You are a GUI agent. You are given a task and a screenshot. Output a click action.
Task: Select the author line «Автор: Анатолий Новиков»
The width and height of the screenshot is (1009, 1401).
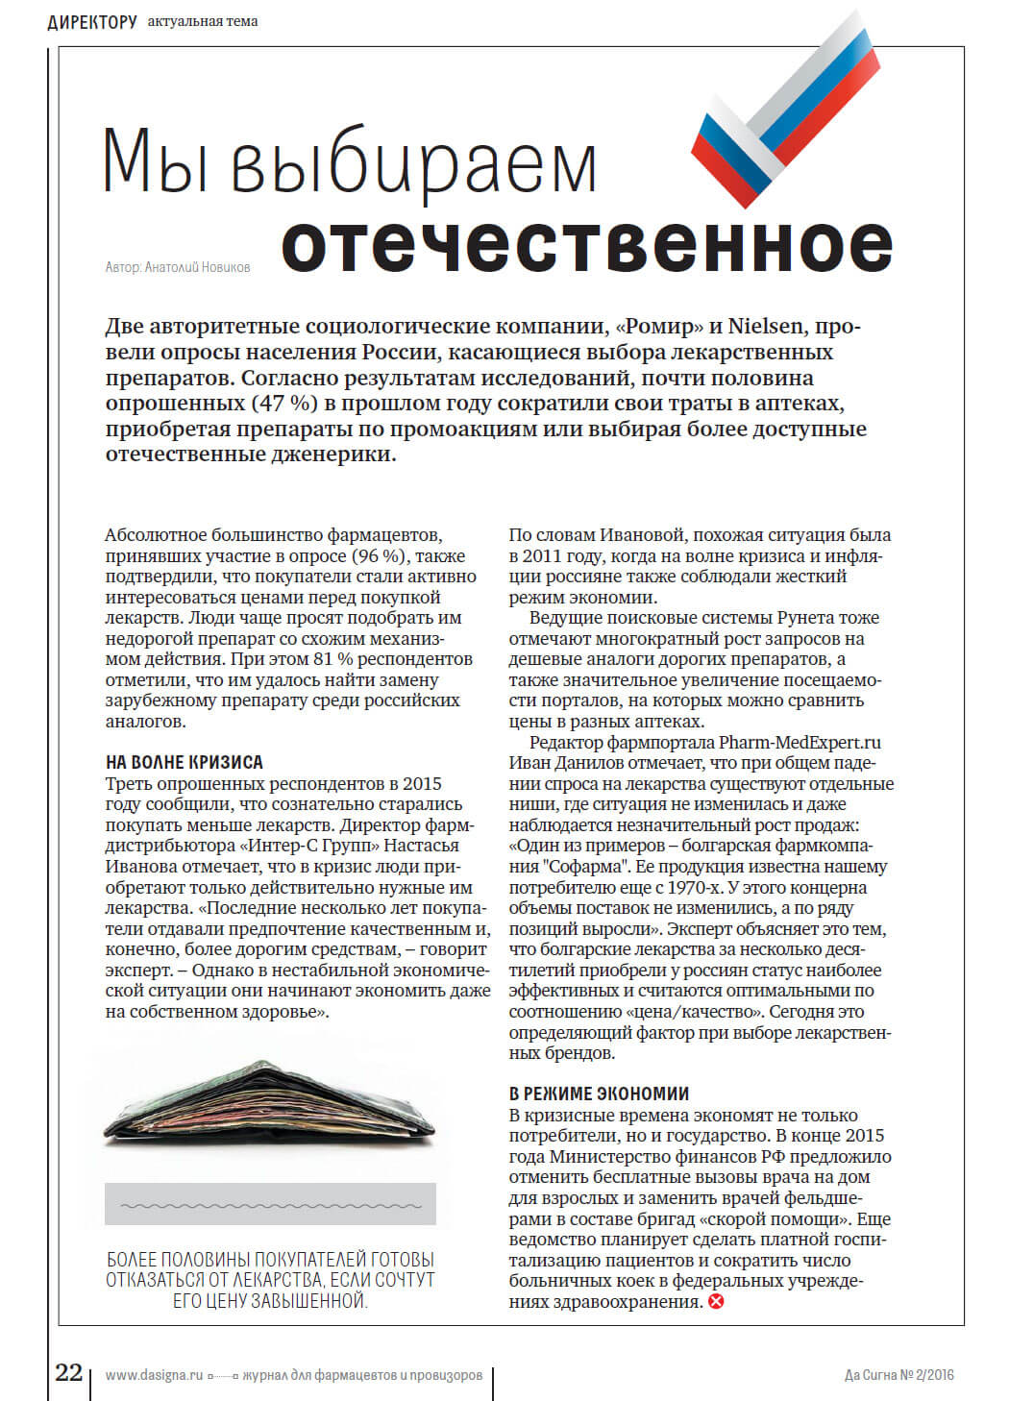click(178, 267)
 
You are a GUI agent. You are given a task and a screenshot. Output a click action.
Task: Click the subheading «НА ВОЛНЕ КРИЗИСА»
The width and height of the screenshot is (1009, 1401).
click(184, 762)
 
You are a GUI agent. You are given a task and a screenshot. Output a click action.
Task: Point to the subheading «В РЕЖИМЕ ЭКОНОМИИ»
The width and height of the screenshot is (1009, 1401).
click(599, 1094)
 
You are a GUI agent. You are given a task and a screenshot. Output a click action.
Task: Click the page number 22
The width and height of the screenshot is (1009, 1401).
click(68, 1372)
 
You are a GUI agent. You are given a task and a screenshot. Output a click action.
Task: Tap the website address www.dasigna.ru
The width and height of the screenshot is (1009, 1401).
click(154, 1375)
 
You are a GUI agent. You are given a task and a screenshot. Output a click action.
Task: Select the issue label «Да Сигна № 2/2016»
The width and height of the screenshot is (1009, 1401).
click(898, 1375)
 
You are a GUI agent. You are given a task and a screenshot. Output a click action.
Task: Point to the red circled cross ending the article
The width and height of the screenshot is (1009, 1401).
click(716, 1302)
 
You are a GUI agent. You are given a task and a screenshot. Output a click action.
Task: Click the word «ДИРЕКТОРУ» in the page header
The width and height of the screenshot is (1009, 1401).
click(92, 21)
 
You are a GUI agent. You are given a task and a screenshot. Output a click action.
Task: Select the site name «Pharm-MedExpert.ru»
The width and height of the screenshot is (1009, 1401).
click(800, 742)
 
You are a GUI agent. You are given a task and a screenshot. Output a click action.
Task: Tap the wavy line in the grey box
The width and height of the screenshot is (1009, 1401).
click(270, 1205)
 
